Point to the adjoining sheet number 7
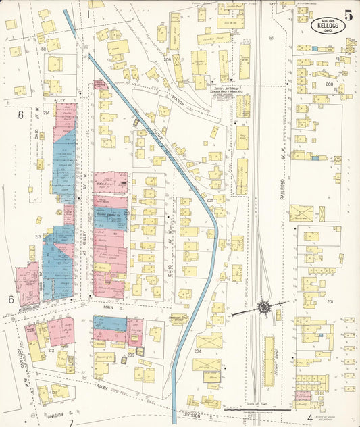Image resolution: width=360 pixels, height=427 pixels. pyautogui.click(x=70, y=422)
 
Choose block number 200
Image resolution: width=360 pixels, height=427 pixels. pyautogui.click(x=330, y=85)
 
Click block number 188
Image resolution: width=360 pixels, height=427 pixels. pyautogui.click(x=43, y=49)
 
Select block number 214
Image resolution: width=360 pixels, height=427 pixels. pyautogui.click(x=47, y=113)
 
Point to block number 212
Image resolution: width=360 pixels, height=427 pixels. pyautogui.click(x=51, y=351)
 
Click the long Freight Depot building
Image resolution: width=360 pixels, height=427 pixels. pyautogui.click(x=269, y=358)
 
